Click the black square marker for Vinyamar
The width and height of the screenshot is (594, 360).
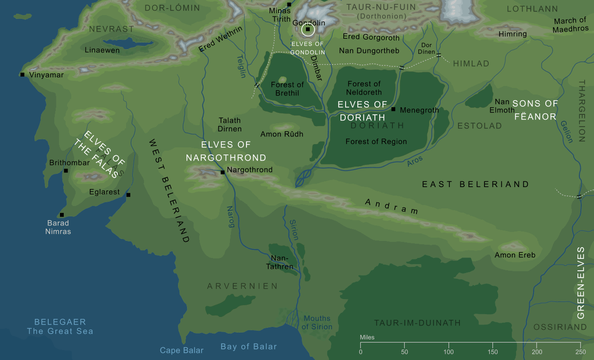point(22,75)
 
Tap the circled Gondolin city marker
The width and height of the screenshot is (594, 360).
point(308,30)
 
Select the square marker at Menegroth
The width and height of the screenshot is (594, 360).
point(393,109)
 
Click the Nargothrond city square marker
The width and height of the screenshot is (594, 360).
point(222,172)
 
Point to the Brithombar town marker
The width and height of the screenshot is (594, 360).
point(66,171)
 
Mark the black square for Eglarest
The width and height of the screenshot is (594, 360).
point(128,195)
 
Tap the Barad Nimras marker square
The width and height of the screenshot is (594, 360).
point(62,215)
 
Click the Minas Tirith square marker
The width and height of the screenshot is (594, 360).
point(289,4)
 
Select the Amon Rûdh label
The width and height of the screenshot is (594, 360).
point(282,134)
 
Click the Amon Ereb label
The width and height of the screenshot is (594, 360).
point(515,255)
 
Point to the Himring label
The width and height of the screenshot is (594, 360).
point(512,34)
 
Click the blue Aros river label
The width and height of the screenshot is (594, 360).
point(415,161)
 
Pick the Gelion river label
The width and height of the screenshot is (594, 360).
point(567,131)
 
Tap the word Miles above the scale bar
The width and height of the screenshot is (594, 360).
point(367,337)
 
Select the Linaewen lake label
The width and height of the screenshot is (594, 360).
point(102,50)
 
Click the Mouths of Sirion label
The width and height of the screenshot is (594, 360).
point(317,323)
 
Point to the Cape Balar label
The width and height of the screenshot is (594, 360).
point(182,350)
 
